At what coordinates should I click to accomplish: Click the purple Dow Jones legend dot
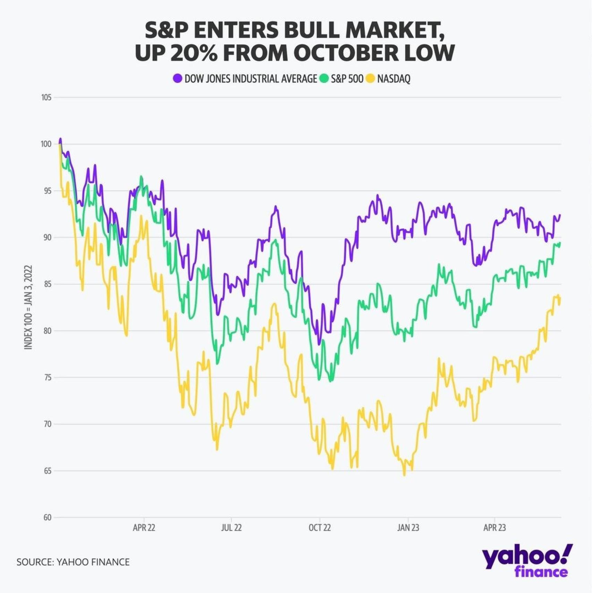tap(178, 78)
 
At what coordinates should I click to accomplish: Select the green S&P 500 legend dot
tap(324, 78)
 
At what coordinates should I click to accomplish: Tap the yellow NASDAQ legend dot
tap(371, 78)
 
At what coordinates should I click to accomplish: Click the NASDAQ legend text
tap(394, 79)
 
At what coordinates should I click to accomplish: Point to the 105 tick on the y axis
tap(46, 98)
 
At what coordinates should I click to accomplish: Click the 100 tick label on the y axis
tap(46, 144)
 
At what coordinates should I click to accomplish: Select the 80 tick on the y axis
tap(47, 331)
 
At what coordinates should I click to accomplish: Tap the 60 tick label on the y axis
tap(47, 517)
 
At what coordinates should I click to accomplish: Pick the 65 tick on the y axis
tap(47, 471)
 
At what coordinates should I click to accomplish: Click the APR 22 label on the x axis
tap(144, 528)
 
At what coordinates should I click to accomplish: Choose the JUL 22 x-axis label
tap(231, 528)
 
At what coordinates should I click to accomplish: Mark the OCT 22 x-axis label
tap(320, 528)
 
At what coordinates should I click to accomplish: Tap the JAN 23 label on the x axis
tap(408, 528)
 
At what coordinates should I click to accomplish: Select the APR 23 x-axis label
tap(494, 528)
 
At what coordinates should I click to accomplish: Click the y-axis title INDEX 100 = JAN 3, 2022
tap(28, 307)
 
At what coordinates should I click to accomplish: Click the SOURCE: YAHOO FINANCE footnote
tap(73, 562)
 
